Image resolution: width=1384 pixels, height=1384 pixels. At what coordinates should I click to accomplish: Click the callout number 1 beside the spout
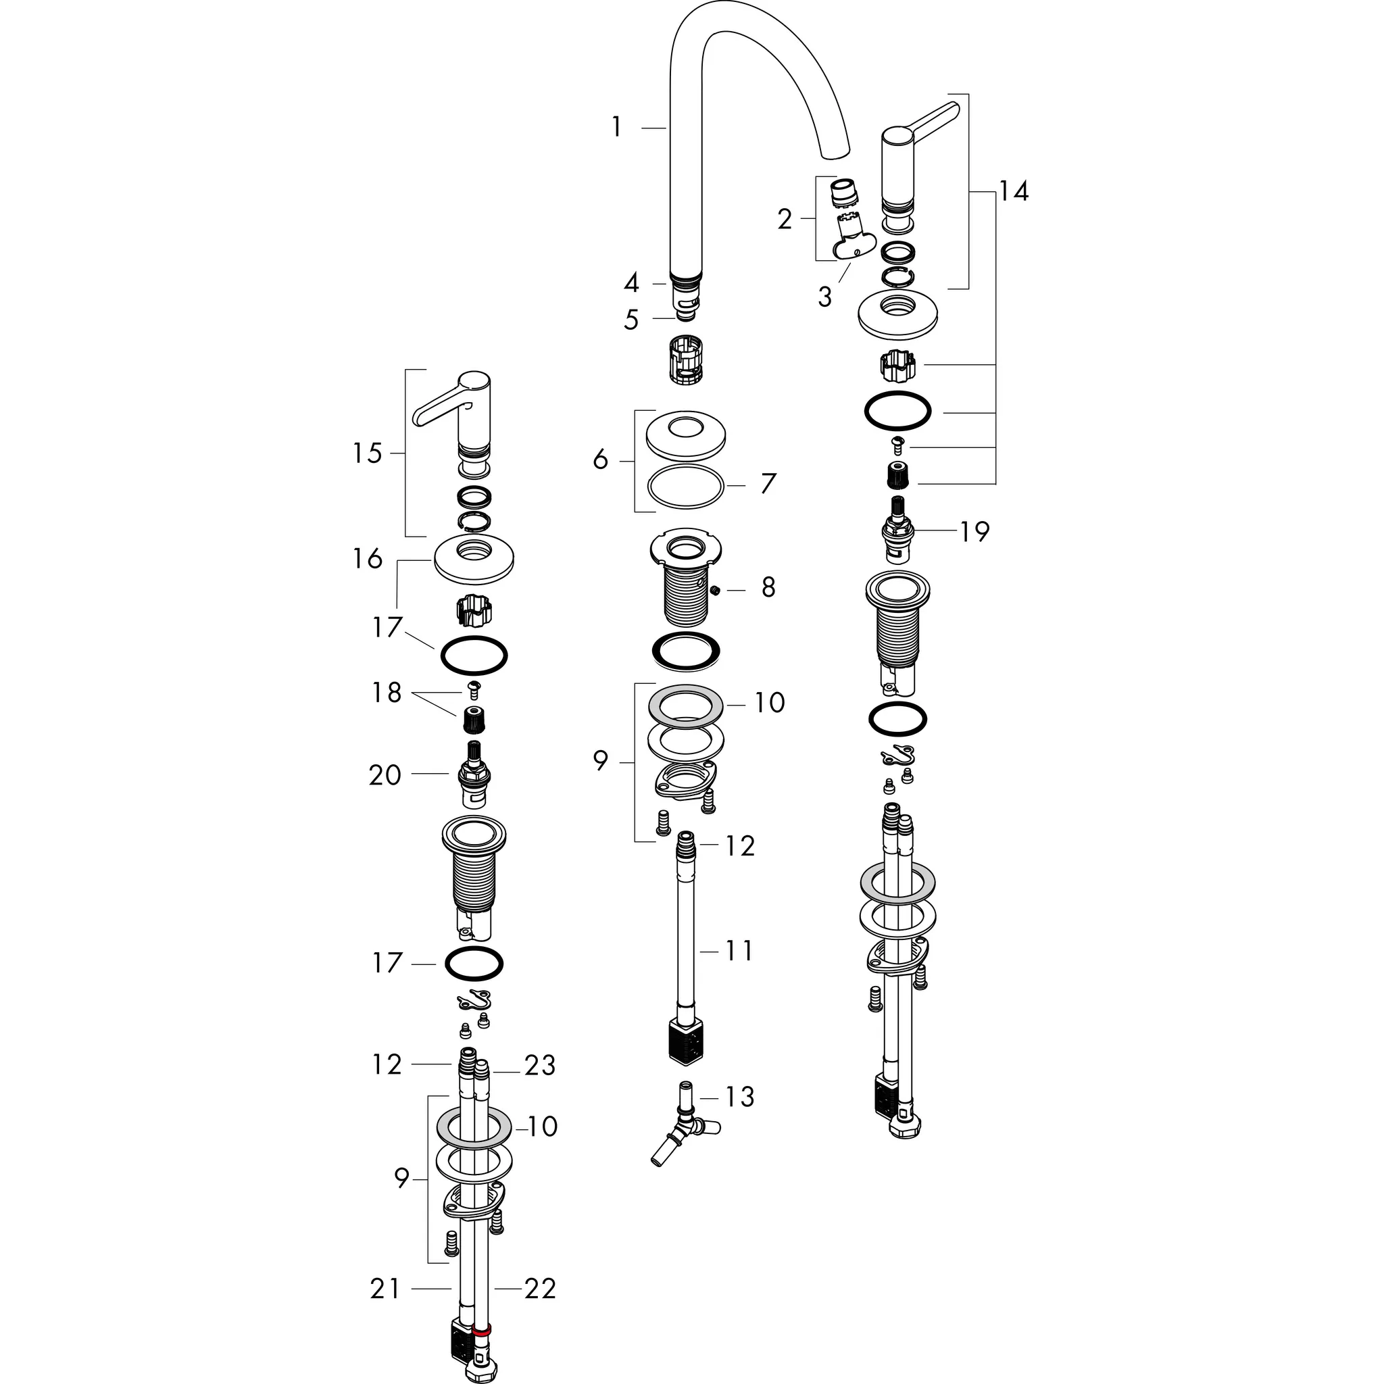[x=616, y=128]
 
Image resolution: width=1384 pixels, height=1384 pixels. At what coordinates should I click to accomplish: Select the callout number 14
[x=1014, y=191]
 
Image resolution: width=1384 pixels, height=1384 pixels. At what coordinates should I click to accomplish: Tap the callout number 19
[x=974, y=532]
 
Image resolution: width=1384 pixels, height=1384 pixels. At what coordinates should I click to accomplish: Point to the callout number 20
[x=385, y=775]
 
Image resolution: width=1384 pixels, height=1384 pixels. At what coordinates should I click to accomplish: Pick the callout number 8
[x=768, y=587]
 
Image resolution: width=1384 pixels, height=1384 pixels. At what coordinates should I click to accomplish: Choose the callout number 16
[x=368, y=559]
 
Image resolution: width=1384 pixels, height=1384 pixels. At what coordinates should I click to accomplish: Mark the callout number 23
[x=539, y=1065]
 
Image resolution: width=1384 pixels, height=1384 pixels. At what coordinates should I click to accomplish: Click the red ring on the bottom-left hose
[x=482, y=1330]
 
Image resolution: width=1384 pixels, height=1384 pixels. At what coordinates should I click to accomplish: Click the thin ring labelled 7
[x=685, y=486]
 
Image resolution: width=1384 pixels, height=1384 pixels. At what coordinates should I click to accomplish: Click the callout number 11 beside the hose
[x=739, y=951]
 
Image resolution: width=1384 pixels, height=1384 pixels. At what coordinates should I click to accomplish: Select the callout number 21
[x=385, y=1289]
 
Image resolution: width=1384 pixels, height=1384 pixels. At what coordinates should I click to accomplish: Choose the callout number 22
[x=540, y=1289]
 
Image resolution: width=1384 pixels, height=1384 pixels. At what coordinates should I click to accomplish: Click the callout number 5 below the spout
[x=631, y=320]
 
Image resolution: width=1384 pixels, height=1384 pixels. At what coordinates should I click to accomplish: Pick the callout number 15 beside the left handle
[x=368, y=453]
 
